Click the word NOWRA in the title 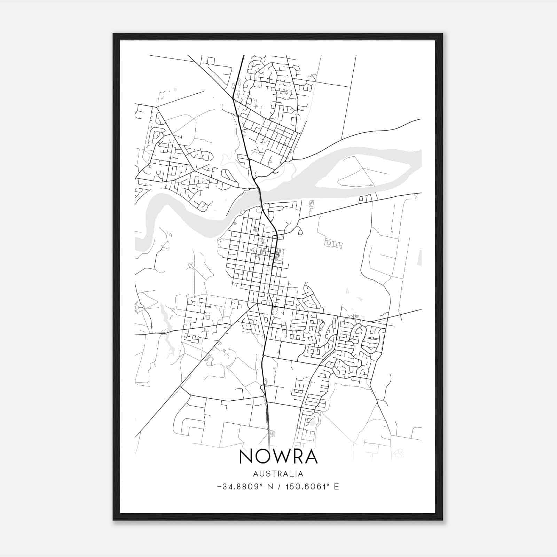pos(278,457)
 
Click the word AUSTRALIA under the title pos(278,474)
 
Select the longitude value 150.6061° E pos(312,487)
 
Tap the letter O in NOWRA pos(262,457)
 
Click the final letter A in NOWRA pos(311,457)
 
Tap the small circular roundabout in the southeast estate pos(372,338)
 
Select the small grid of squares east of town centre pos(334,243)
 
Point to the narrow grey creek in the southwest pos(167,334)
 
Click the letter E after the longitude pos(336,487)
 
